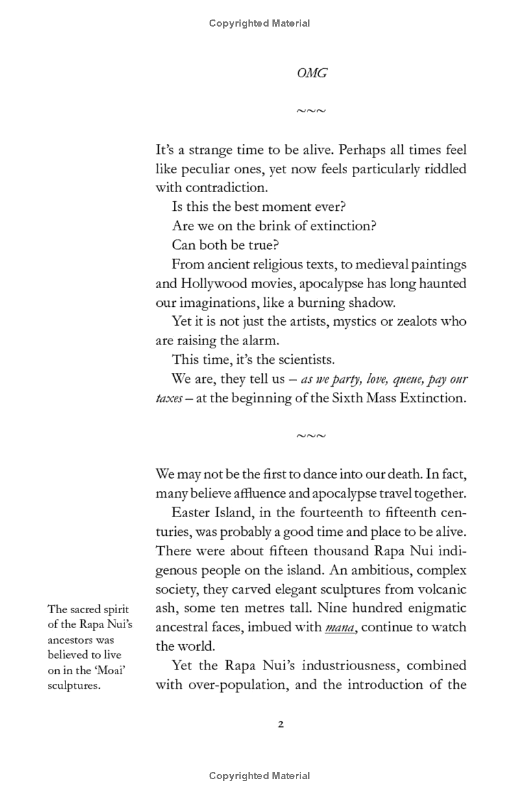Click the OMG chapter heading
tap(311, 73)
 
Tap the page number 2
tap(281, 725)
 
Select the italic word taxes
tap(168, 398)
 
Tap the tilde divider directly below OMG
tap(311, 112)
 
